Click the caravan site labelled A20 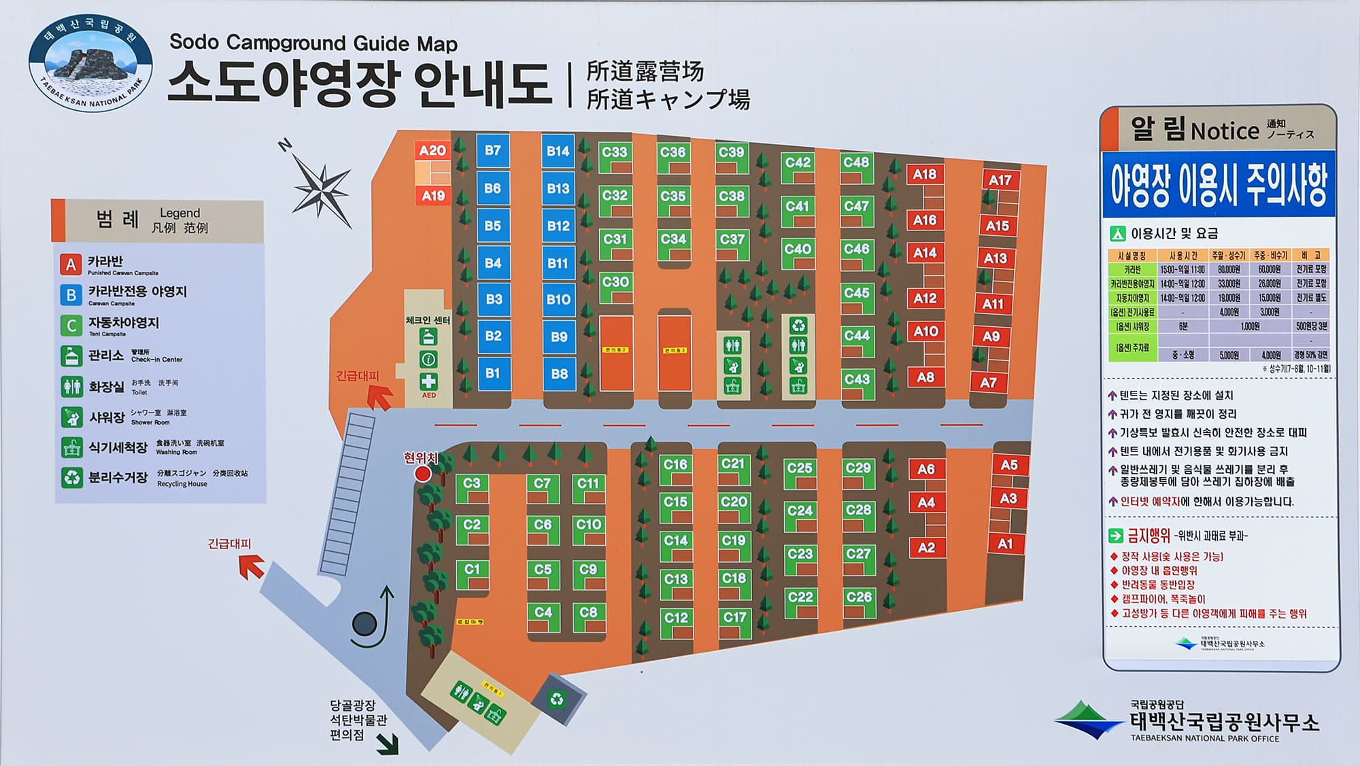click(432, 150)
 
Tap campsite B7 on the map click(493, 150)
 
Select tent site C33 click(615, 152)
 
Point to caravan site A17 click(1000, 180)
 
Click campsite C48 click(856, 162)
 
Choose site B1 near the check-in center click(493, 373)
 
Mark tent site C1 click(472, 570)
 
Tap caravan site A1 click(1005, 544)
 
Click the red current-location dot click(423, 474)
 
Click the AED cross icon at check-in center click(428, 381)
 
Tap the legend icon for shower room click(71, 417)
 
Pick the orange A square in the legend click(71, 264)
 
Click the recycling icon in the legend click(71, 478)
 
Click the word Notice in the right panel click(1225, 130)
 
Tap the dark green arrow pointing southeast click(388, 745)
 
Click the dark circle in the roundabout click(364, 623)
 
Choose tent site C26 click(859, 597)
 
